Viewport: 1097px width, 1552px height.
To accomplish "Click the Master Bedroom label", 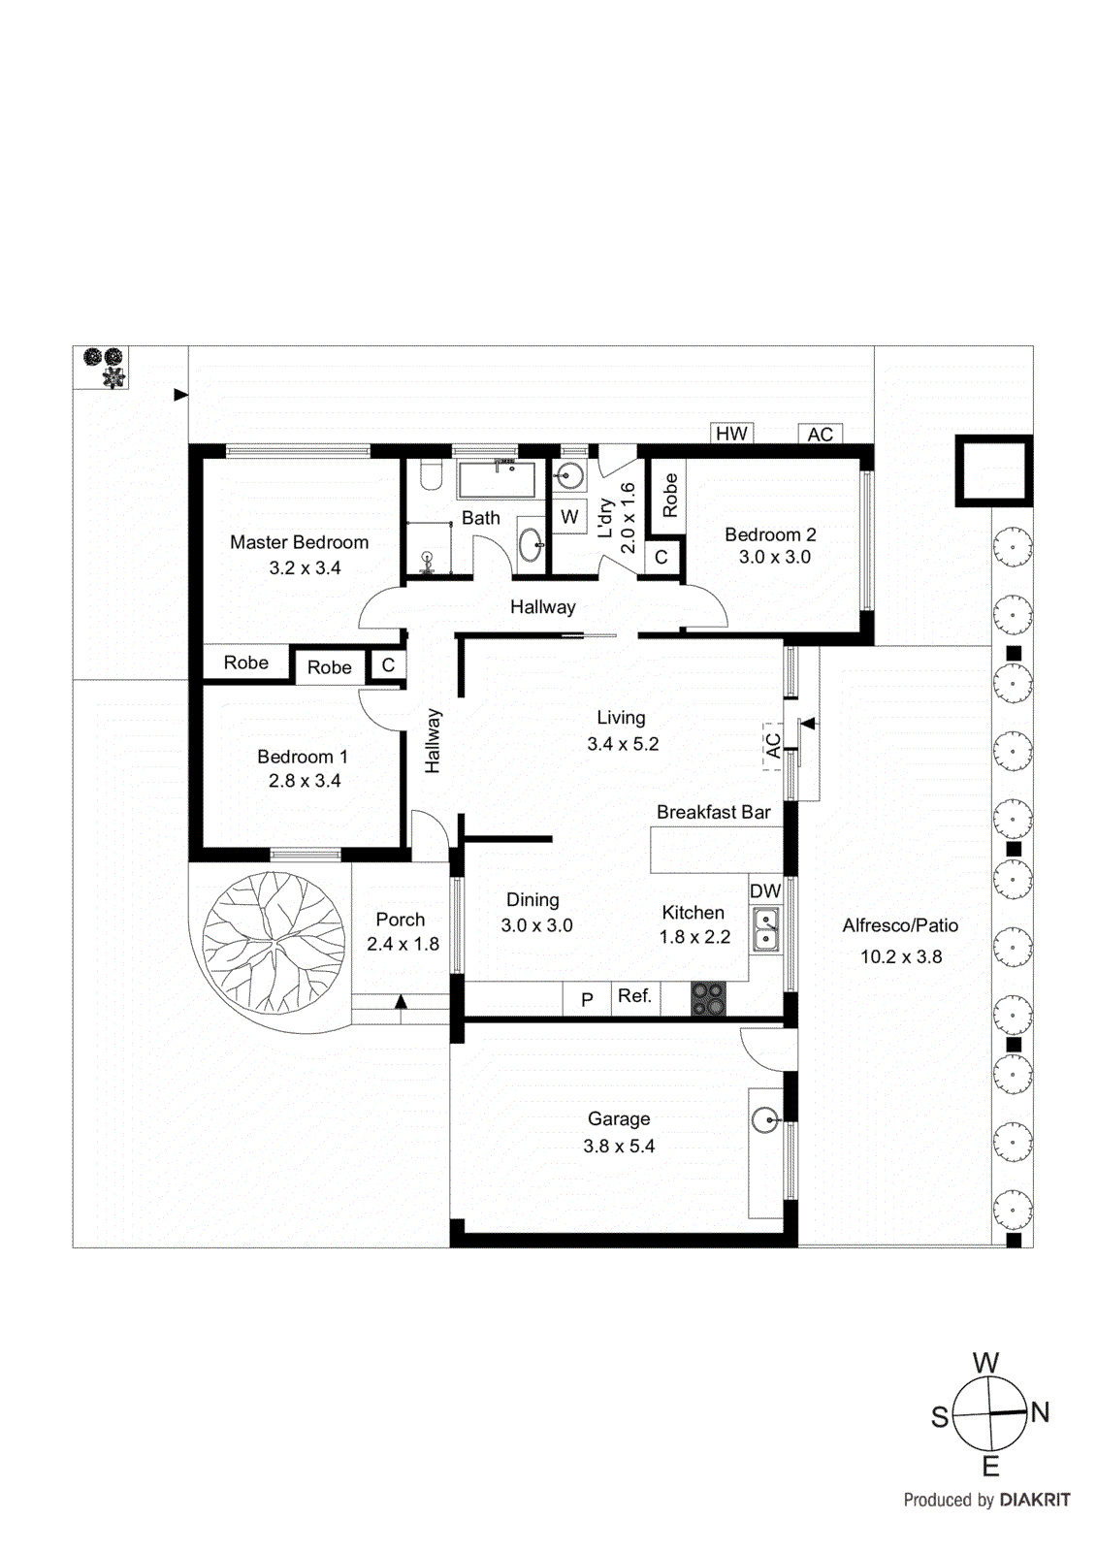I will [299, 542].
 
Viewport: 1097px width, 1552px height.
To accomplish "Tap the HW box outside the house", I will [731, 434].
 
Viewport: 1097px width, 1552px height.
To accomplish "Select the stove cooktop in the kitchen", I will [708, 999].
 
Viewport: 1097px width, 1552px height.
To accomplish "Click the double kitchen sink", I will [765, 928].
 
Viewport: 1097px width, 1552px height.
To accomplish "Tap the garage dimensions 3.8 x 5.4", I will [619, 1146].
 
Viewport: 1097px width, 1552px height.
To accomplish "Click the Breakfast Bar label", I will [713, 812].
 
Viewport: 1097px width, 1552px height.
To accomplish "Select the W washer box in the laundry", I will [569, 517].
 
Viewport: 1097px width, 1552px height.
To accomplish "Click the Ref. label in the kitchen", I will [634, 996].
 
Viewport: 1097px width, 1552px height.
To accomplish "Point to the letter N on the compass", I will [1040, 1412].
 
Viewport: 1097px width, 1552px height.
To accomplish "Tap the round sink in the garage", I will [766, 1121].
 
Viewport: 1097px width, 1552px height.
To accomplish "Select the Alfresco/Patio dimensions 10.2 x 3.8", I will [900, 956].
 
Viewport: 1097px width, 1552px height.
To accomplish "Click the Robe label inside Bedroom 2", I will [669, 495].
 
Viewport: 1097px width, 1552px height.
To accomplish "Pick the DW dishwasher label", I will [764, 890].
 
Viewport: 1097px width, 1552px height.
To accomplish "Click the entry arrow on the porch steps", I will [401, 1002].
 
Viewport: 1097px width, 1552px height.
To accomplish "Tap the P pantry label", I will [587, 999].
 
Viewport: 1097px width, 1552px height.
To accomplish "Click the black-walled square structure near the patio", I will [994, 471].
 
